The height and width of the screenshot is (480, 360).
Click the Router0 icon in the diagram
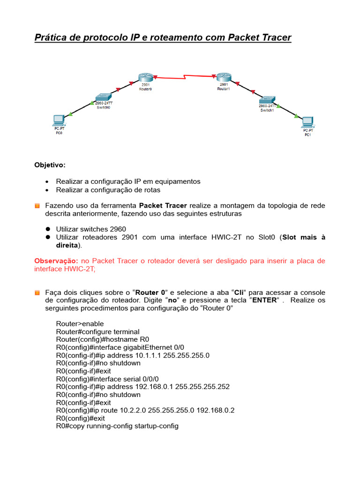145,78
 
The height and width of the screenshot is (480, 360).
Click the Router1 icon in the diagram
222,78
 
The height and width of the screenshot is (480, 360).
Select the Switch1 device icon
268,100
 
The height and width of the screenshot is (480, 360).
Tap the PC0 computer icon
59,119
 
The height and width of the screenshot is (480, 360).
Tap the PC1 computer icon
307,122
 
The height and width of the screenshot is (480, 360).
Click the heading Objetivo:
50,165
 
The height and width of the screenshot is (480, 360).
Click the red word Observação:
57,261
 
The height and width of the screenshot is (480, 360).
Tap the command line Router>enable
80,324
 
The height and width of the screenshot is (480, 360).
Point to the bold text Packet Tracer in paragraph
163,205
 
